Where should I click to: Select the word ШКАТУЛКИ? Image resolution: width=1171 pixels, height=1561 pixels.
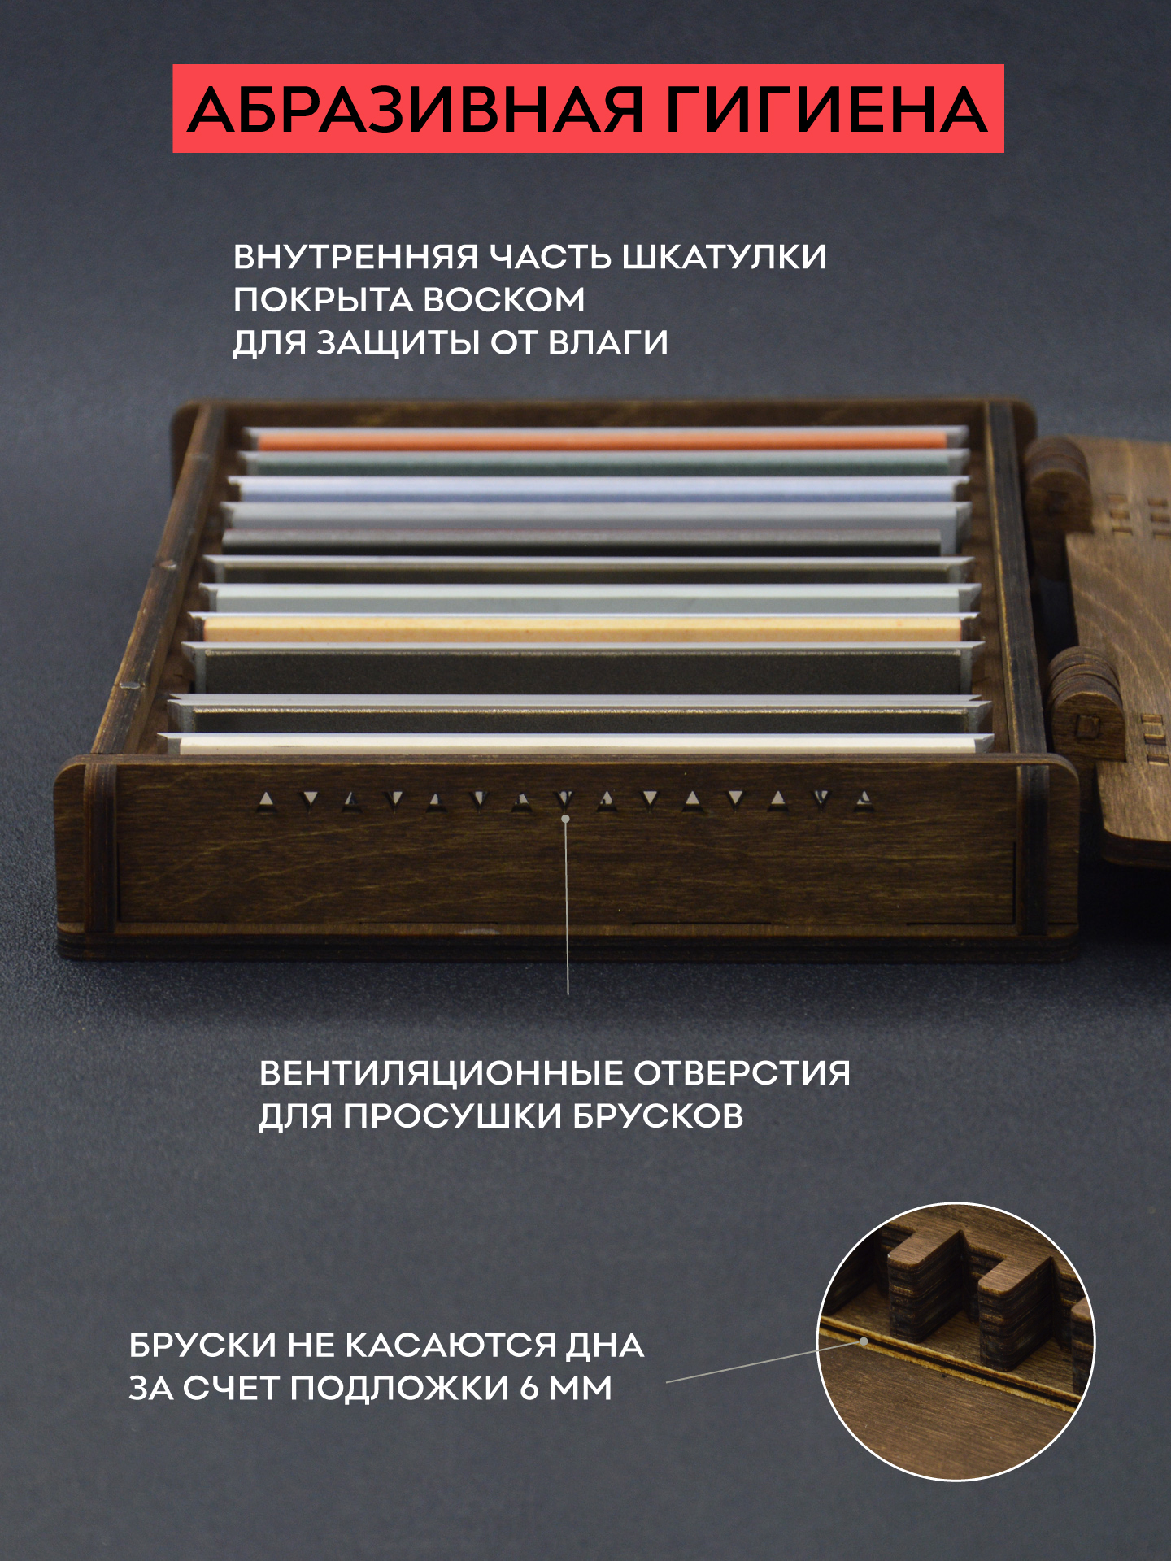click(x=724, y=257)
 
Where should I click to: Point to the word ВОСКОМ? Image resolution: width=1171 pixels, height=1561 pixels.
click(x=503, y=300)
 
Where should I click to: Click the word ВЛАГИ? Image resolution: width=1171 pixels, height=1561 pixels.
click(x=608, y=342)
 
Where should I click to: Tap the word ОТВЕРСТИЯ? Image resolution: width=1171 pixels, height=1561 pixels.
click(x=742, y=1073)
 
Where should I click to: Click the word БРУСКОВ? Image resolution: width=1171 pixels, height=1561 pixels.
click(x=658, y=1116)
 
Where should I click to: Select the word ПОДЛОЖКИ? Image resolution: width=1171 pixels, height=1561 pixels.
click(x=399, y=1388)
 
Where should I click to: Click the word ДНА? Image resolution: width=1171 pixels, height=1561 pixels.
click(x=605, y=1346)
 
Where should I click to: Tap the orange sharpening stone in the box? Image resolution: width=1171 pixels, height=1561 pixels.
click(x=603, y=441)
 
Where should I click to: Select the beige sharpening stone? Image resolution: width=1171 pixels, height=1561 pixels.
click(x=582, y=628)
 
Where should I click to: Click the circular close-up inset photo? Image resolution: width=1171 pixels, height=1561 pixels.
click(x=956, y=1341)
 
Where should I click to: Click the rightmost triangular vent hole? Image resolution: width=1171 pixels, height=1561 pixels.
click(x=864, y=800)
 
